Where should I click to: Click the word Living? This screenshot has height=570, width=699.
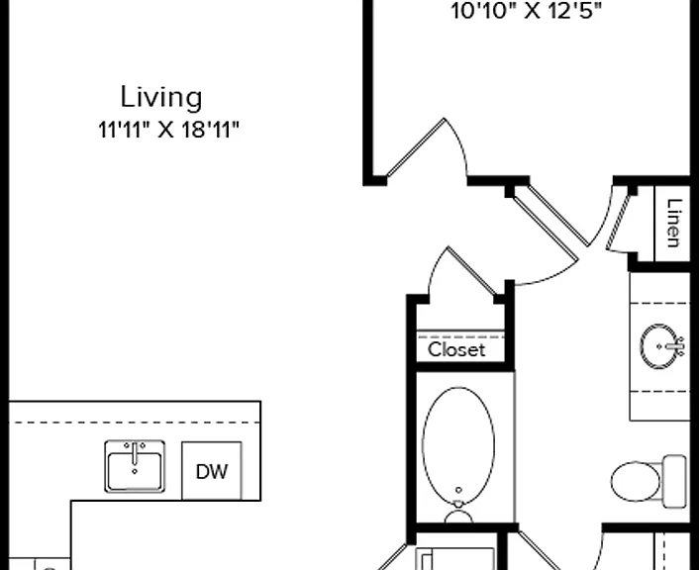[x=161, y=98]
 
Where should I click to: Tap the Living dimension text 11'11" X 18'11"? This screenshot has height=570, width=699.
[x=168, y=131]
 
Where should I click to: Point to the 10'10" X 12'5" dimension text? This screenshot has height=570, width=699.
[x=527, y=11]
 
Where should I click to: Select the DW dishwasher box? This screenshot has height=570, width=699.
[x=212, y=471]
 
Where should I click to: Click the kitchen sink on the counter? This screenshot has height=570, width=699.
[x=135, y=467]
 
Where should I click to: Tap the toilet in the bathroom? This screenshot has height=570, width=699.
[x=649, y=481]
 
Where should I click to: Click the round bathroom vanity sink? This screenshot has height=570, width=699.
[x=659, y=346]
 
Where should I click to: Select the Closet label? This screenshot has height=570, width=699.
[x=456, y=350]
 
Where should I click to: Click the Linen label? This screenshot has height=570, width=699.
[x=673, y=223]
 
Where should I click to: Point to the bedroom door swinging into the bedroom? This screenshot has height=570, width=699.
[x=416, y=148]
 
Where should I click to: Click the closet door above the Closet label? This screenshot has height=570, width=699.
[x=472, y=271]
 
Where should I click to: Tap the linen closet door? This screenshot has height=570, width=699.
[x=619, y=220]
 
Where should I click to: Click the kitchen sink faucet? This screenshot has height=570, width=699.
[x=135, y=453]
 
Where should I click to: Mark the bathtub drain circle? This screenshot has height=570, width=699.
[x=458, y=490]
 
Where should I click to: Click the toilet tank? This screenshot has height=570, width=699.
[x=675, y=481]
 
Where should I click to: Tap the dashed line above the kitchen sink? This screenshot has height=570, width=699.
[x=135, y=422]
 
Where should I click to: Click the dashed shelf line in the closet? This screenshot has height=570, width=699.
[x=460, y=337]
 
